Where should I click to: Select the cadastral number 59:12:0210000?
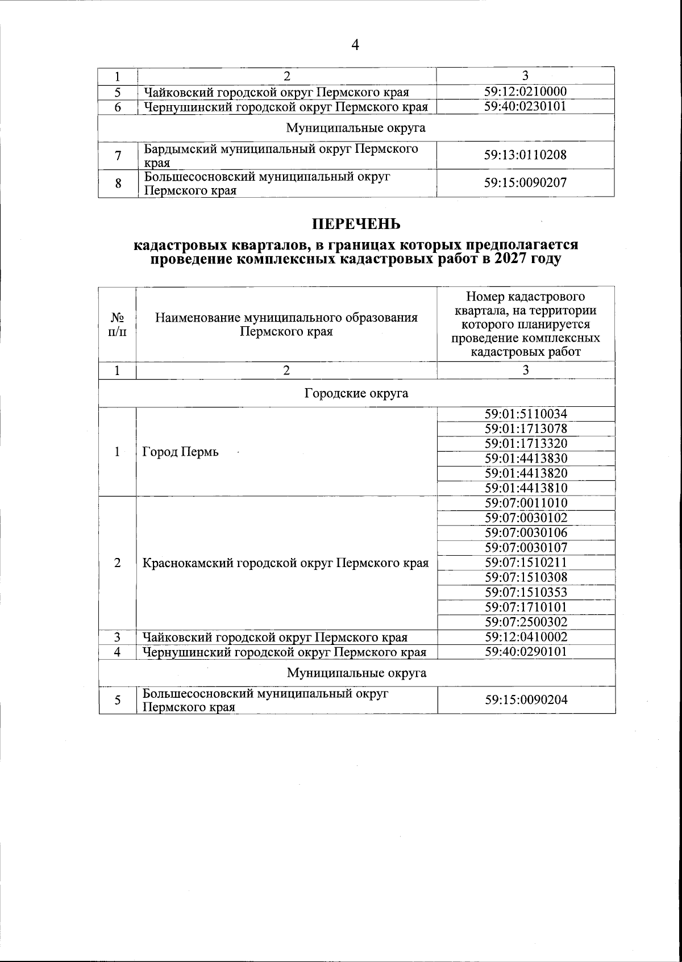(x=525, y=92)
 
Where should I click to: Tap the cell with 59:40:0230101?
(x=525, y=106)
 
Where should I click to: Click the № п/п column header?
(x=117, y=324)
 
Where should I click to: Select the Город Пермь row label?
(x=180, y=452)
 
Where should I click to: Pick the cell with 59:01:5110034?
(x=526, y=414)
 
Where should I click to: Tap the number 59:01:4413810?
(x=526, y=488)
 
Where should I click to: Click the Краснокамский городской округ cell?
(x=285, y=563)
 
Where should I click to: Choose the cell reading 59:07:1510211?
(x=526, y=563)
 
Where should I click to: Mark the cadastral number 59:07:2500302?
(x=526, y=622)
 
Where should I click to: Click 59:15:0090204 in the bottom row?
(x=526, y=700)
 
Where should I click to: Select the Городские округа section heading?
(x=356, y=393)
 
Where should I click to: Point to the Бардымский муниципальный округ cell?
(x=281, y=155)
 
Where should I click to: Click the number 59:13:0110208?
(x=525, y=155)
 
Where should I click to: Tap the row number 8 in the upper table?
(x=118, y=184)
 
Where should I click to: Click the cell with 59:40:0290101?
(x=526, y=652)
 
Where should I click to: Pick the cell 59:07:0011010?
(x=526, y=503)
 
